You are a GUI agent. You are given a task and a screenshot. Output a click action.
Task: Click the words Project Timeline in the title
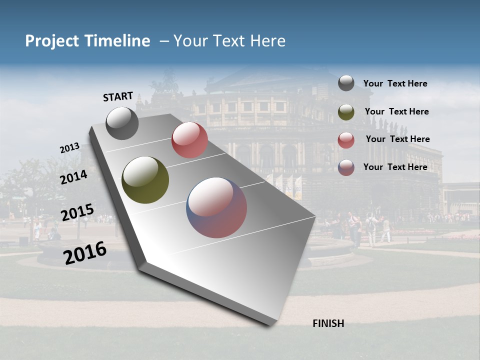pyautogui.click(x=87, y=41)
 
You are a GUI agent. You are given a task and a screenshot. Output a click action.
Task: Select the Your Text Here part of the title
pyautogui.click(x=229, y=41)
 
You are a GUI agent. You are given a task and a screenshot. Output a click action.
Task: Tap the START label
pyautogui.click(x=118, y=96)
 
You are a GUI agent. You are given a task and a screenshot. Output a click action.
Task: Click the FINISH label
pyautogui.click(x=328, y=323)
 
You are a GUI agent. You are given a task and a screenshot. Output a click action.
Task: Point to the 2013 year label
pyautogui.click(x=69, y=148)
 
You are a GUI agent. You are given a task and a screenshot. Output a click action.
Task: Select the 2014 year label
pyautogui.click(x=74, y=177)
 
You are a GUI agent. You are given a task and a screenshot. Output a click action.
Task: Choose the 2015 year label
pyautogui.click(x=77, y=212)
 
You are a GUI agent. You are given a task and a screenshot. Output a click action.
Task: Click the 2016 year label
pyautogui.click(x=85, y=253)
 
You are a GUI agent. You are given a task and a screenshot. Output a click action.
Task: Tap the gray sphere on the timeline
pyautogui.click(x=122, y=123)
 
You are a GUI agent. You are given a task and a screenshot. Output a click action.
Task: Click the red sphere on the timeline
pyautogui.click(x=189, y=140)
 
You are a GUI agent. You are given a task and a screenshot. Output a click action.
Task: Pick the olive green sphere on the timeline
pyautogui.click(x=145, y=180)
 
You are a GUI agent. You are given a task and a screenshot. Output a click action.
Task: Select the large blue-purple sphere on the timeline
pyautogui.click(x=216, y=207)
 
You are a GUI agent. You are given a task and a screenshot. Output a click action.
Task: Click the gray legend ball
pyautogui.click(x=346, y=83)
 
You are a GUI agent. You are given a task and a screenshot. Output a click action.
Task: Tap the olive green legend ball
pyautogui.click(x=346, y=112)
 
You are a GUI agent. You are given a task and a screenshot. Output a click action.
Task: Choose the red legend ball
pyautogui.click(x=346, y=140)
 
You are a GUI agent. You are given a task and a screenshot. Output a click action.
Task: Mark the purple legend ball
pyautogui.click(x=346, y=167)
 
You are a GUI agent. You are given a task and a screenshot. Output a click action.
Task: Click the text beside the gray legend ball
pyautogui.click(x=395, y=83)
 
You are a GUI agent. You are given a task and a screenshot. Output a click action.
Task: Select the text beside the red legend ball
pyautogui.click(x=397, y=139)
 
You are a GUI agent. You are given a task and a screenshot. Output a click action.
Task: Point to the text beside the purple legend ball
pyautogui.click(x=395, y=167)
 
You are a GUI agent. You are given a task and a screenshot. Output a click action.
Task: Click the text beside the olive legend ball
pyautogui.click(x=396, y=111)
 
